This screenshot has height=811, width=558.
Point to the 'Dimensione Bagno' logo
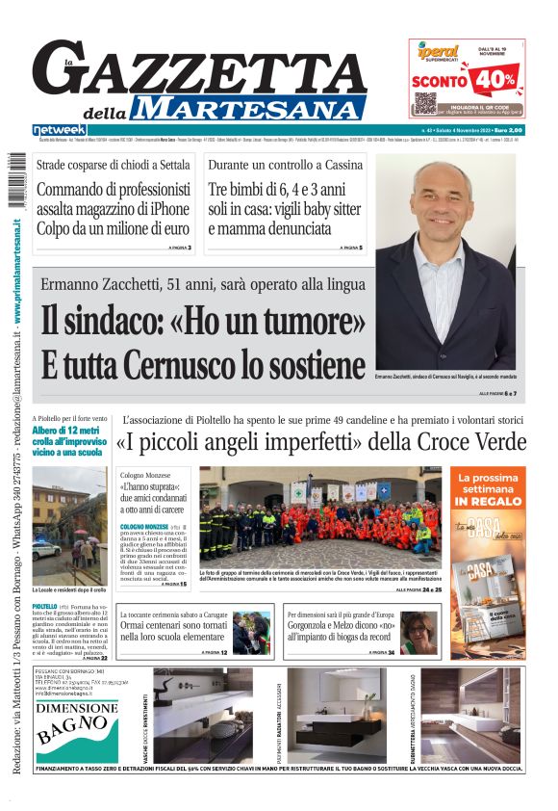tap(77, 722)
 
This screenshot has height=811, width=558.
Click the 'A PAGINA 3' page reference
tap(180, 249)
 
